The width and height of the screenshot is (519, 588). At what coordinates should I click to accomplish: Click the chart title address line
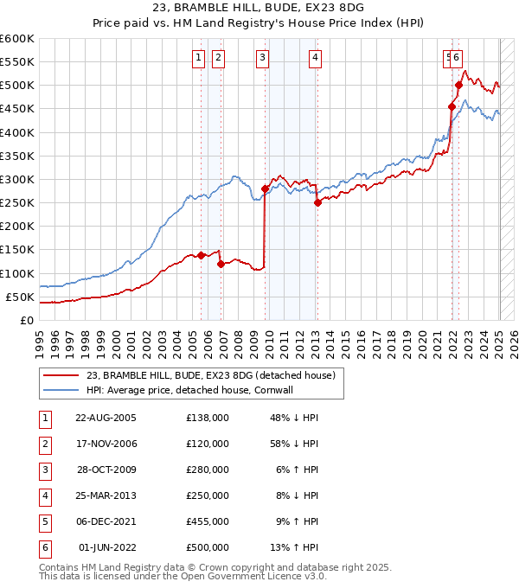click(x=259, y=9)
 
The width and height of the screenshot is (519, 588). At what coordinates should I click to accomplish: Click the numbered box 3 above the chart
click(x=261, y=58)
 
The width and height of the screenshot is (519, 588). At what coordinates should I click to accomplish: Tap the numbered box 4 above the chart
click(x=316, y=58)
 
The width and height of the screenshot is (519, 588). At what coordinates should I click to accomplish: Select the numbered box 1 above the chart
click(x=198, y=58)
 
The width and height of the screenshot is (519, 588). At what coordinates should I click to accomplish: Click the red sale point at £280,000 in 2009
click(x=265, y=189)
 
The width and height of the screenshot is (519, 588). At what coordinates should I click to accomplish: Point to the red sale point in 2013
click(x=317, y=202)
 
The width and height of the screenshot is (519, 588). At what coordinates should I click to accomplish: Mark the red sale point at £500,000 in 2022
click(x=459, y=85)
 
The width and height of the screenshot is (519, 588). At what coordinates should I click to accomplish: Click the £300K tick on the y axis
click(x=17, y=179)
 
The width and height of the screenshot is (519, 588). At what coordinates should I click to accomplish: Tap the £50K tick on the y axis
click(x=20, y=297)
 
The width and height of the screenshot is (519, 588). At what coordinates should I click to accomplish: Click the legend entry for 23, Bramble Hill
click(x=215, y=374)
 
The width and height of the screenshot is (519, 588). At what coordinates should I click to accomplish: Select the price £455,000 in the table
click(x=207, y=521)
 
